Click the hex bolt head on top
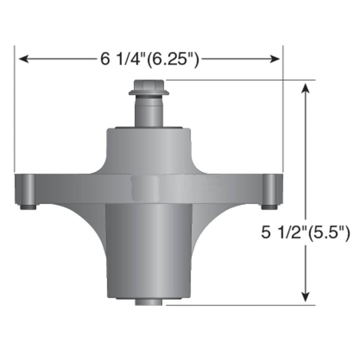pyautogui.click(x=149, y=86)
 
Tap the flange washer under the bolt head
pyautogui.click(x=149, y=94)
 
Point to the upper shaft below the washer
pyautogui.click(x=149, y=112)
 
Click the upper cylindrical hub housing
pyautogui.click(x=149, y=148)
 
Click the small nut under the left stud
pyautogui.click(x=28, y=207)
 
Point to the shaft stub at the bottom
pyautogui.click(x=149, y=302)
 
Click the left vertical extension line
pyautogui.click(x=14, y=108)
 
